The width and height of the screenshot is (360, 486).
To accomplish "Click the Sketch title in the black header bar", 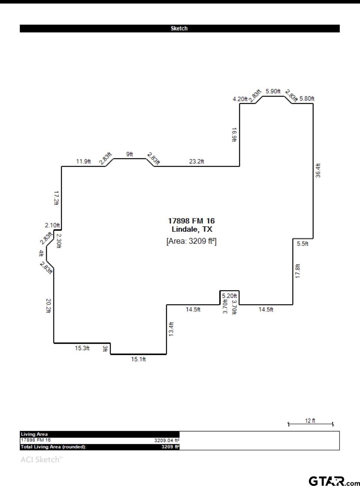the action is coord(179,29).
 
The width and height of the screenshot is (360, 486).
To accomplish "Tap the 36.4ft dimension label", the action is coord(318,171).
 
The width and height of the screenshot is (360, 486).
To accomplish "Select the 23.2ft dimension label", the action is coord(196,162).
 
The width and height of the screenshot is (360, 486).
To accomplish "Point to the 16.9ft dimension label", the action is coord(234,135).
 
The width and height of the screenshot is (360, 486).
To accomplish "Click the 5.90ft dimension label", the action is coord(273,91).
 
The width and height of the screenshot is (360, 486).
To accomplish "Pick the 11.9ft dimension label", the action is coord(83,162).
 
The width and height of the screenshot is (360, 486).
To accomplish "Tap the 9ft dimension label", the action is coord(130,154).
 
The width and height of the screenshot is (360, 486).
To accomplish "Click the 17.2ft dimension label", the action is coord(56,198).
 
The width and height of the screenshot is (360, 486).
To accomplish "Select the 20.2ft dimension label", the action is coord(49,306).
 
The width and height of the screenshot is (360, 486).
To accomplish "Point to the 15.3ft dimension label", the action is coord(82,348).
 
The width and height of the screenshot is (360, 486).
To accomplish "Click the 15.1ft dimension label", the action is coord(138,359).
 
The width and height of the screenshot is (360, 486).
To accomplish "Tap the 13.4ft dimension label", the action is coord(171,329).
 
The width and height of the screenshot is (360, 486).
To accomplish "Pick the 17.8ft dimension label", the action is coord(298,271).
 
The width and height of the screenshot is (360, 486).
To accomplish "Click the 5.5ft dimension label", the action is coord(302,244).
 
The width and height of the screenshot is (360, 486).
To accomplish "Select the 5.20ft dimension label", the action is coord(229,296).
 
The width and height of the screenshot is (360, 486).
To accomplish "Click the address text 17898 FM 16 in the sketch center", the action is coord(191,221).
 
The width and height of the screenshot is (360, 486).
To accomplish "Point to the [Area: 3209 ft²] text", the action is coord(191,241).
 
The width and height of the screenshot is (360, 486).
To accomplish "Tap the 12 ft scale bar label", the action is coord(310,420).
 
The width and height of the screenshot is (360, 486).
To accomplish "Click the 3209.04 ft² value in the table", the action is coord(166,440).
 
